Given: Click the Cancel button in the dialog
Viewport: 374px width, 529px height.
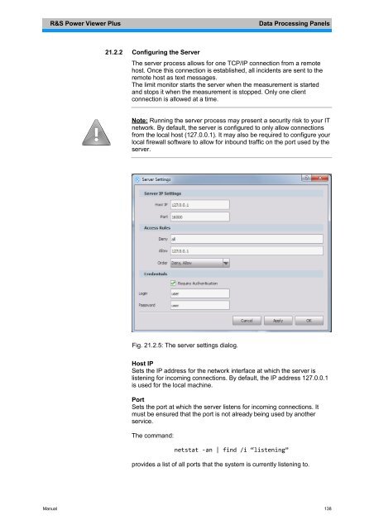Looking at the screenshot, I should tap(246, 320).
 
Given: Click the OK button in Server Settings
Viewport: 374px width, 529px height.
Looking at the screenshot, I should tap(309, 320).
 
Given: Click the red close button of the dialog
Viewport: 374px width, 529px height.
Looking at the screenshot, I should tap(323, 178).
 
